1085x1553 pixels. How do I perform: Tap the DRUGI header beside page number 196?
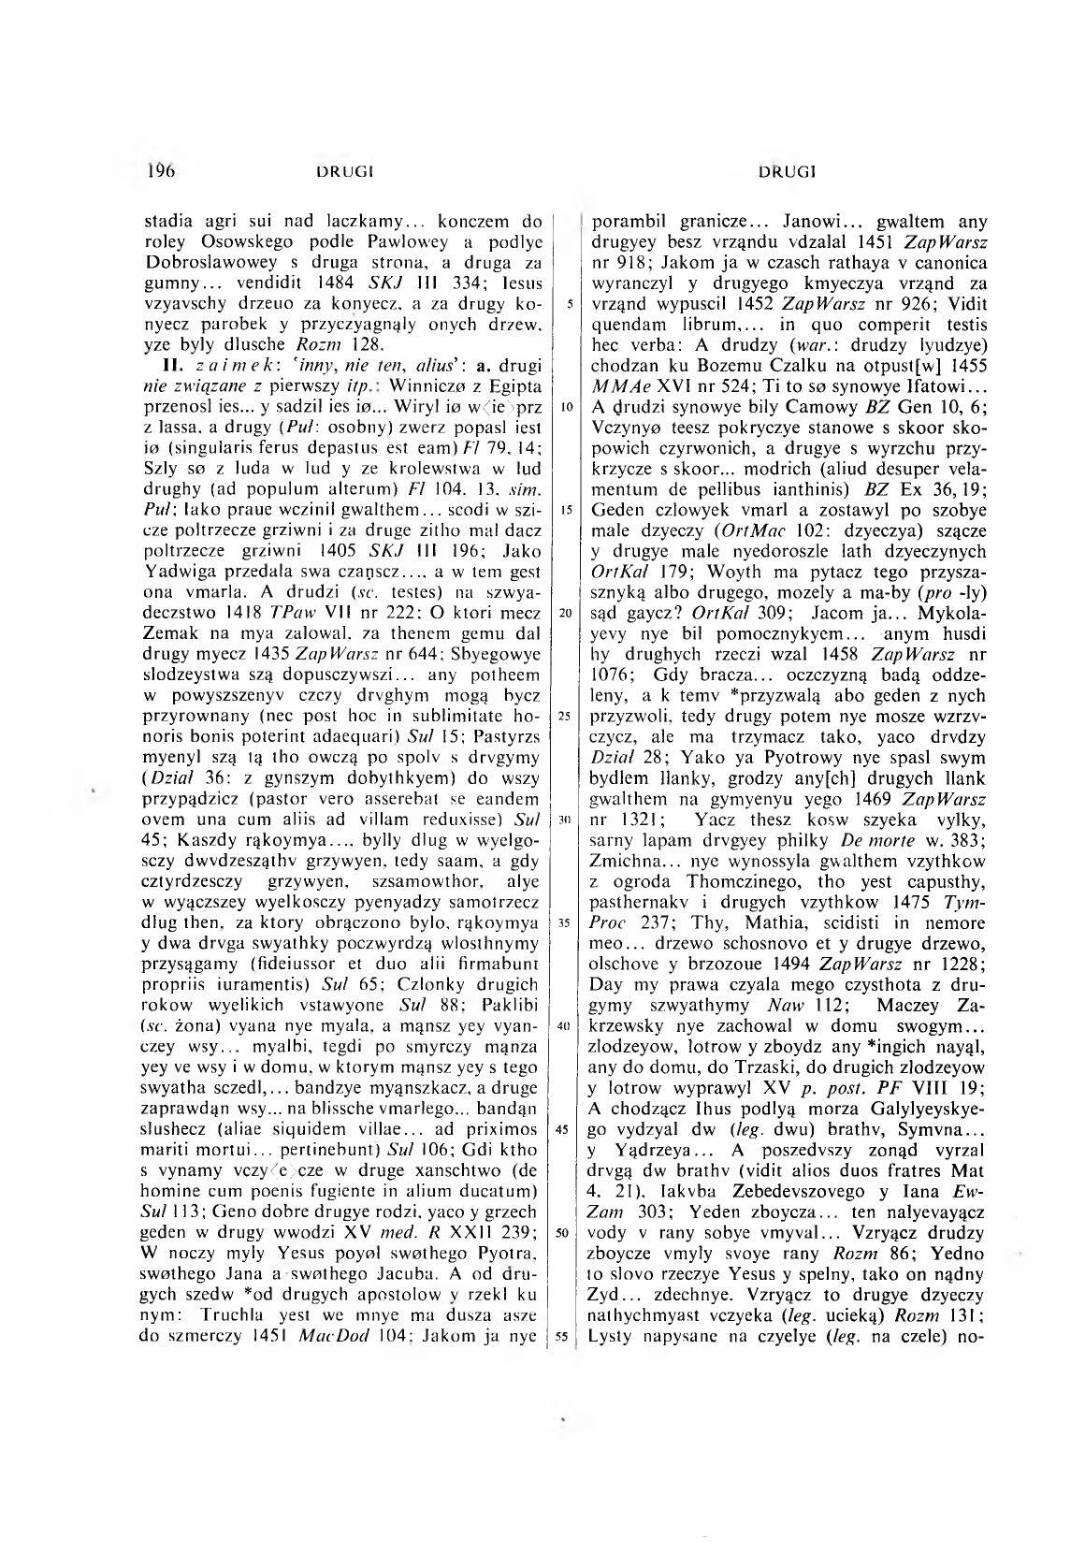pyautogui.click(x=346, y=172)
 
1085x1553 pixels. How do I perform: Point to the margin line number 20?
pyautogui.click(x=561, y=613)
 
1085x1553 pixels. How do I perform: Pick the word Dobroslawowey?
pyautogui.click(x=199, y=266)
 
